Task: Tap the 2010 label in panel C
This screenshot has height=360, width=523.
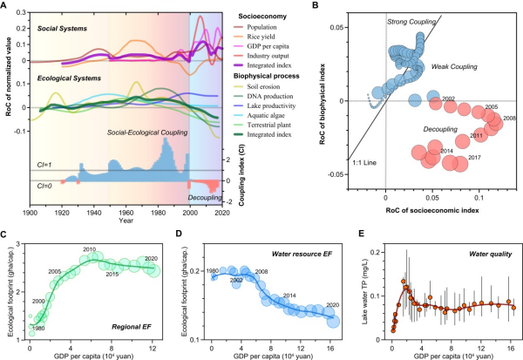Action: tap(88, 249)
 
